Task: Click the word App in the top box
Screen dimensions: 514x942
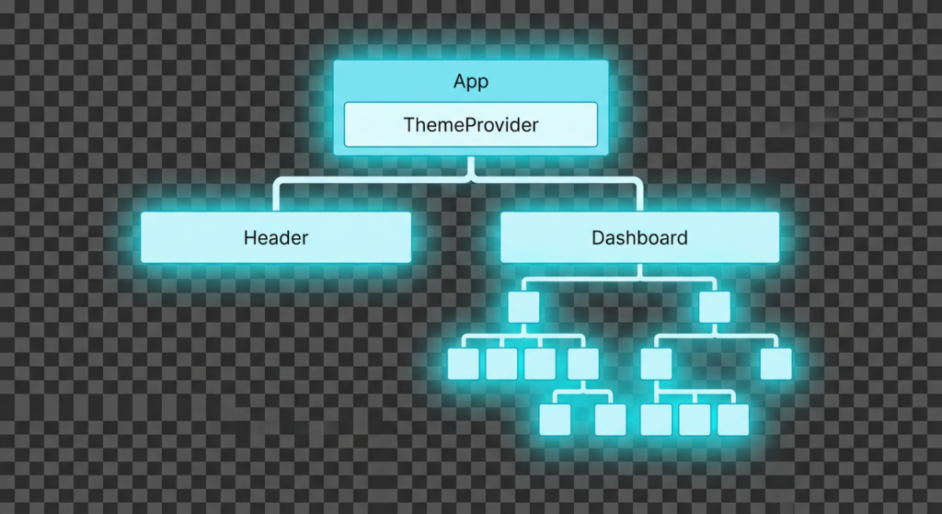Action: [x=470, y=82]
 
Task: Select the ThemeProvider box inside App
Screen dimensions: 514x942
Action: [x=470, y=125]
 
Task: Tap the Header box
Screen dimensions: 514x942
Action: [x=275, y=237]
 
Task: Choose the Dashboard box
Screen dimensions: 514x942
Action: [x=639, y=237]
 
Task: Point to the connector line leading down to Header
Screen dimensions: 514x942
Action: [x=275, y=196]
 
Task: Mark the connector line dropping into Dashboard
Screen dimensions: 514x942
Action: [x=639, y=196]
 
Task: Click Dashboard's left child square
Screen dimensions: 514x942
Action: [x=523, y=307]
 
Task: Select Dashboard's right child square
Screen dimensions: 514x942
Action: [x=714, y=307]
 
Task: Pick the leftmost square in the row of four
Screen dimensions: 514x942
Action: [x=463, y=363]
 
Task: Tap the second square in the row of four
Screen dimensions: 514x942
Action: [x=501, y=363]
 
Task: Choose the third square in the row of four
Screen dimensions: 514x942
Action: [x=540, y=363]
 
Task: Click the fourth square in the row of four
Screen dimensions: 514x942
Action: [x=583, y=363]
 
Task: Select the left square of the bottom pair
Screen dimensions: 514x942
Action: [x=555, y=419]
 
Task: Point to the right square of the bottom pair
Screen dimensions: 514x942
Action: [x=610, y=419]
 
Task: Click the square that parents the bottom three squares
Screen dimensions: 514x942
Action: [x=657, y=363]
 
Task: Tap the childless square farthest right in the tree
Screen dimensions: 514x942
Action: [x=776, y=363]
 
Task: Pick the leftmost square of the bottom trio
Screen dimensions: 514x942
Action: [x=656, y=419]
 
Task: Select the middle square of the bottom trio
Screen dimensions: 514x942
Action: [x=695, y=419]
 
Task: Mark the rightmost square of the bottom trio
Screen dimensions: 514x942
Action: [x=733, y=419]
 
